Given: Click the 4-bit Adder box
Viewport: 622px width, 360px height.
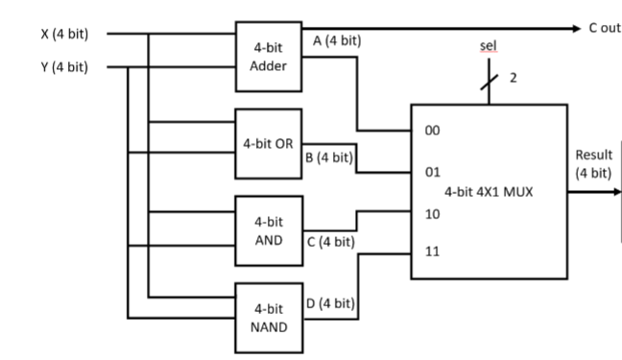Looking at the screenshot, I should click(269, 57).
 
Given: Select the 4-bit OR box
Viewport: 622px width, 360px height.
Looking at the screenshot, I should click(270, 144).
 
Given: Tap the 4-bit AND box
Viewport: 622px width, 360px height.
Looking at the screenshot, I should click(269, 231).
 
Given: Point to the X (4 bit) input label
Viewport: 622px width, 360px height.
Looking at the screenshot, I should click(65, 34).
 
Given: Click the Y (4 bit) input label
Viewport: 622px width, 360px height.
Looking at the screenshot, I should click(65, 67).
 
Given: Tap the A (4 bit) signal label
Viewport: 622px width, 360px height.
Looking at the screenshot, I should click(337, 42).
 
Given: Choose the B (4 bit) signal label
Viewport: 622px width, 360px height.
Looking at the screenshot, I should click(330, 157).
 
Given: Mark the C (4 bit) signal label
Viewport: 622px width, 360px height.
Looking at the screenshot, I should click(332, 241).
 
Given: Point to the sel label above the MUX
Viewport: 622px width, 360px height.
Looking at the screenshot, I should click(488, 46).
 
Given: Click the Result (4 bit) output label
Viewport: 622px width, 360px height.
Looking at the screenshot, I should click(592, 164).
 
